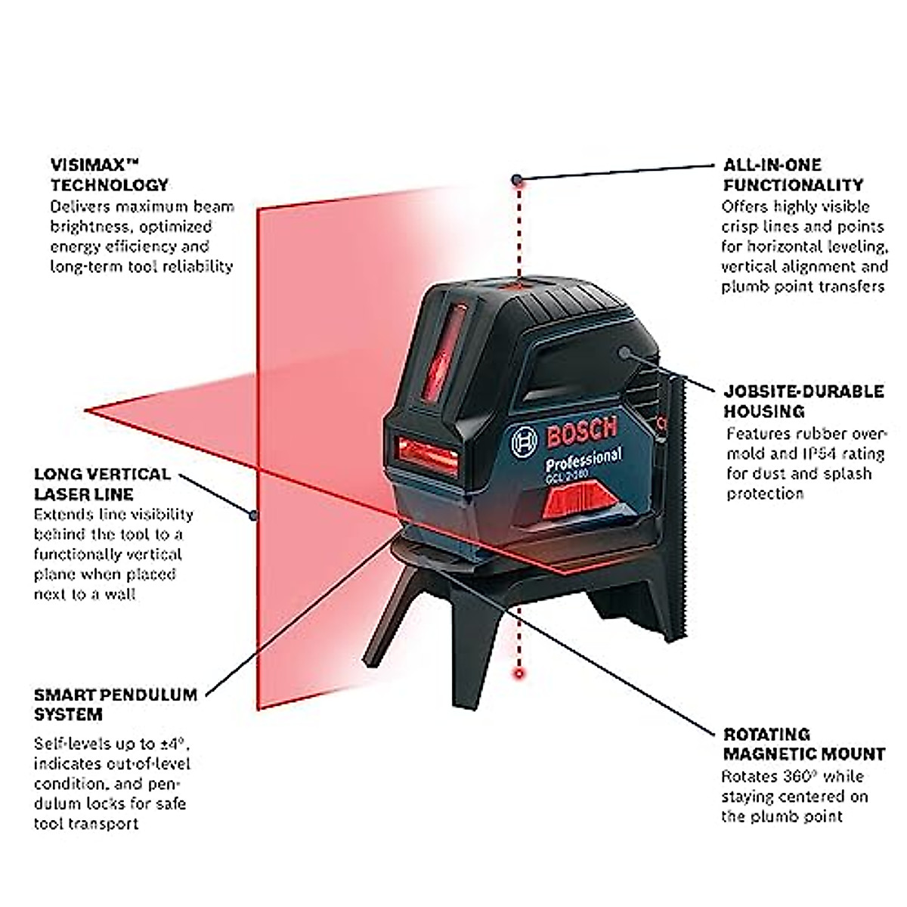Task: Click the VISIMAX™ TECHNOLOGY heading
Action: [110, 175]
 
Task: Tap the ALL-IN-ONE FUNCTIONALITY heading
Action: [793, 175]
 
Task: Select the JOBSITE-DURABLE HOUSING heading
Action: [803, 401]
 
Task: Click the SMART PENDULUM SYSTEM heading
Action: [115, 704]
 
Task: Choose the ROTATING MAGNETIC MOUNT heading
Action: [803, 744]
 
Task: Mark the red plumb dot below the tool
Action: [519, 671]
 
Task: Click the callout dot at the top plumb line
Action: [516, 179]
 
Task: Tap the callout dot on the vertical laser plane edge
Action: [254, 516]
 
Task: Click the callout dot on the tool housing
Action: [625, 351]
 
